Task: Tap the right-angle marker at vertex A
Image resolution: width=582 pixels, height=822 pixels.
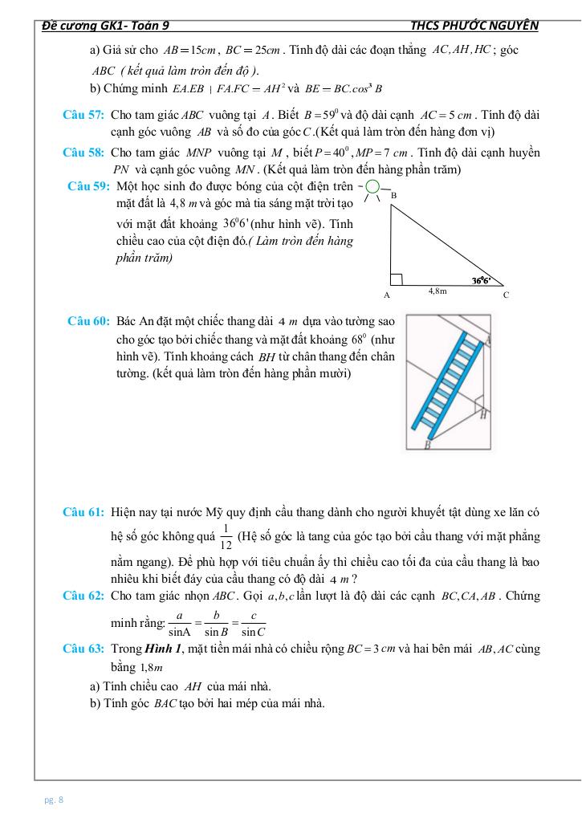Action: (396, 279)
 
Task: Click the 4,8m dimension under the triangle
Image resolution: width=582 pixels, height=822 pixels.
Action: (438, 291)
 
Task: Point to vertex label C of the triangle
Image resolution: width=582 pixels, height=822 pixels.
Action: (506, 295)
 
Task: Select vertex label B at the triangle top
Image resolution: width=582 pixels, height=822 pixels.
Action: (393, 195)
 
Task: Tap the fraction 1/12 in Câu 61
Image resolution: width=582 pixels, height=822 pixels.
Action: (226, 537)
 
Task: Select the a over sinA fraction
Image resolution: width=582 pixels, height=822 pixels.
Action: (179, 622)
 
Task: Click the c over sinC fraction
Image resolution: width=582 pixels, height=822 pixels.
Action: (253, 622)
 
